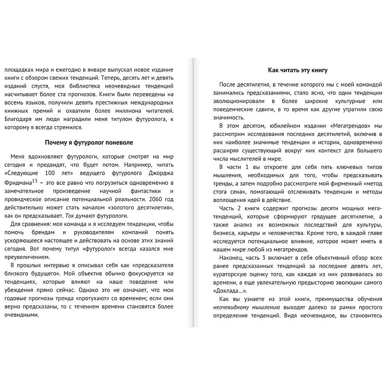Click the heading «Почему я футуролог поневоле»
click(x=89, y=142)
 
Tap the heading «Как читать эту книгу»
click(x=298, y=70)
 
